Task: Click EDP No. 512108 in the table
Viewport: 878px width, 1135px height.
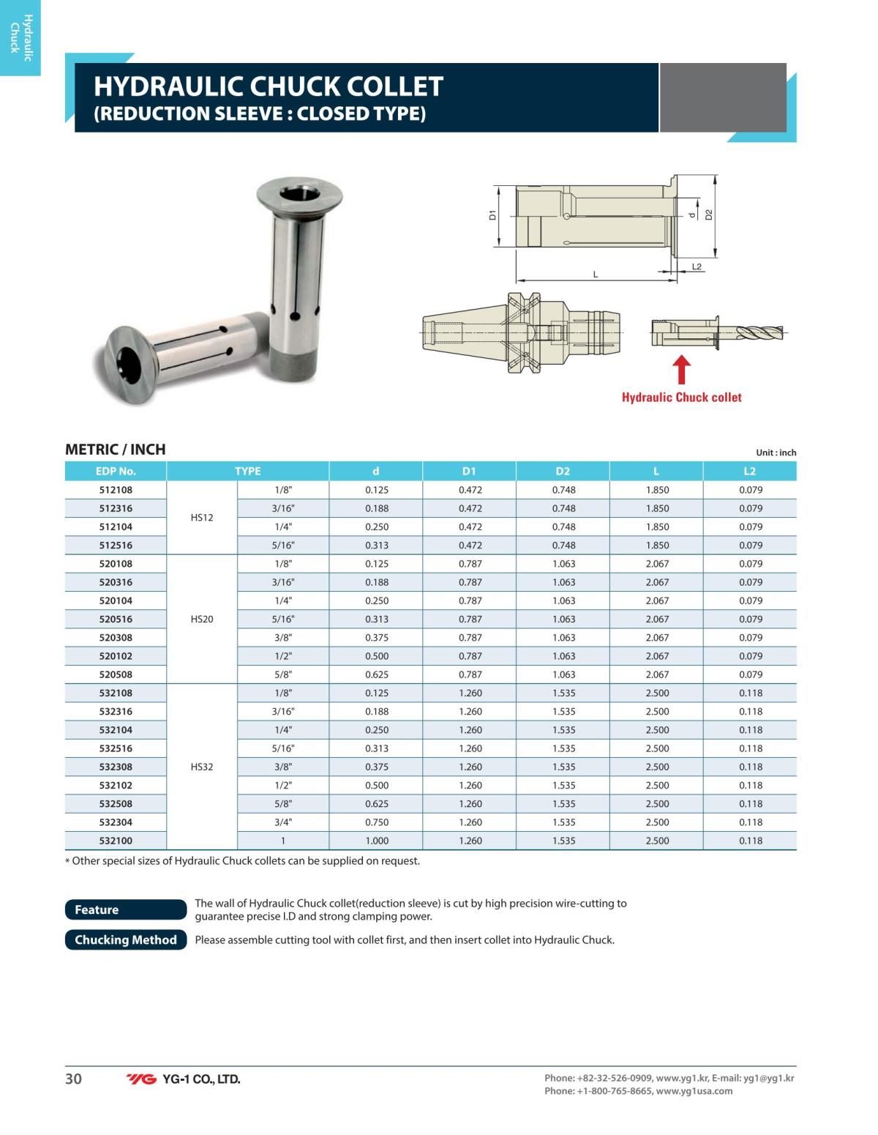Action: [116, 490]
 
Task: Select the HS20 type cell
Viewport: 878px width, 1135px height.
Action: [202, 619]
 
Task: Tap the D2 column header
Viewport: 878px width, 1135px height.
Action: [563, 471]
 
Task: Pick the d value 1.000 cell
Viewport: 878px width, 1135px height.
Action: [377, 841]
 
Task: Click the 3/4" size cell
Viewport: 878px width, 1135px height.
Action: [283, 822]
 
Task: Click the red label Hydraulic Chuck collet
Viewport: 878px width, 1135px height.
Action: [681, 398]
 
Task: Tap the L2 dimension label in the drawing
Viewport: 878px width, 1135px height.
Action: [697, 267]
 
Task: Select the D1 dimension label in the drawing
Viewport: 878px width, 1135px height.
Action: [492, 215]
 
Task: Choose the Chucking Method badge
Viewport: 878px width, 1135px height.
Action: [126, 939]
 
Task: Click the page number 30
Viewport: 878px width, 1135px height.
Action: [74, 1079]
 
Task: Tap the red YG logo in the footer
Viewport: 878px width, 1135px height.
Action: [141, 1079]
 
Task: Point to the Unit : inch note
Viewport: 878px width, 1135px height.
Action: [776, 453]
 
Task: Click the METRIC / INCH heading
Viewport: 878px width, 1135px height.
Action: [116, 450]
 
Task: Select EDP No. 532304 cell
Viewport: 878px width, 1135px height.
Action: [116, 822]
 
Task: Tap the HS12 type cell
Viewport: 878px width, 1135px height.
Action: [202, 518]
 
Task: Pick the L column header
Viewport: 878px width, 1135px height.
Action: [656, 471]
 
